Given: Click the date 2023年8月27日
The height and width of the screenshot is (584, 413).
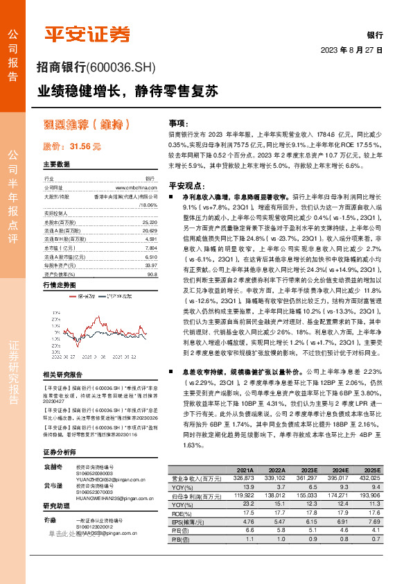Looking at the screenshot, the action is (352, 51).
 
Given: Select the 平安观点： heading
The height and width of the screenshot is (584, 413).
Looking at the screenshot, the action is (188, 185).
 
